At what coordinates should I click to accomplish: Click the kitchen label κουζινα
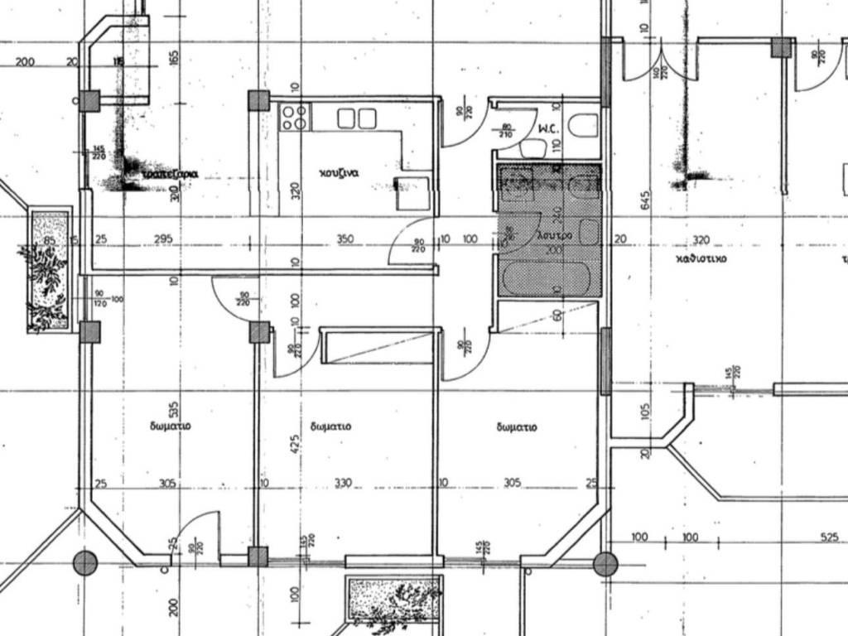[339, 174]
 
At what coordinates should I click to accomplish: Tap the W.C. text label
[547, 129]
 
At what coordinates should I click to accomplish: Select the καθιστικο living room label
[701, 258]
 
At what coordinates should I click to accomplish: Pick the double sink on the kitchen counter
[356, 118]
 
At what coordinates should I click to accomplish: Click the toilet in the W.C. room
[586, 125]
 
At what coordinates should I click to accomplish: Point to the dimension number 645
[647, 200]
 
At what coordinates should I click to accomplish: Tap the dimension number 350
[344, 239]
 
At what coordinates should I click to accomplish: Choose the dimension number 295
[163, 239]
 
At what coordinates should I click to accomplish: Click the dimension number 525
[829, 537]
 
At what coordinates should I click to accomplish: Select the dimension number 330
[343, 483]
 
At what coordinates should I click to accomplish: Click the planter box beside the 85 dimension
[49, 272]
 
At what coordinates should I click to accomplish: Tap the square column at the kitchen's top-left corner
[258, 101]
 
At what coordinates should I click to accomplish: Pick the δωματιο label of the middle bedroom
[330, 426]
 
